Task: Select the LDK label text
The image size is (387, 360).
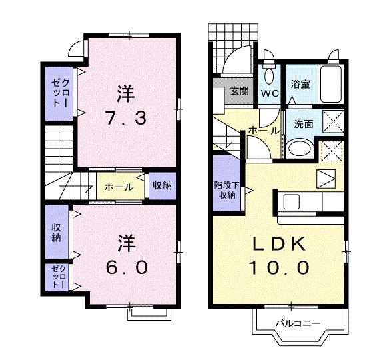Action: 278,244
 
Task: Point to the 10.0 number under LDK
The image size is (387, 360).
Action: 278,268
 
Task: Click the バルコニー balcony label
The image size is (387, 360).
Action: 299,323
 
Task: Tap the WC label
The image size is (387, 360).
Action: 270,93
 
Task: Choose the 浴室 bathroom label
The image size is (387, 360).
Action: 300,84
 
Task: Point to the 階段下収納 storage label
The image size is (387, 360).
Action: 224,190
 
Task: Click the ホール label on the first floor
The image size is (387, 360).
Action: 259,131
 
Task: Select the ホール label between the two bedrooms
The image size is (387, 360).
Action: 119,187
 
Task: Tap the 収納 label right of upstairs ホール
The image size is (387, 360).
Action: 161,185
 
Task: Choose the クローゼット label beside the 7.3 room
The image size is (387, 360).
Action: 57,93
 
